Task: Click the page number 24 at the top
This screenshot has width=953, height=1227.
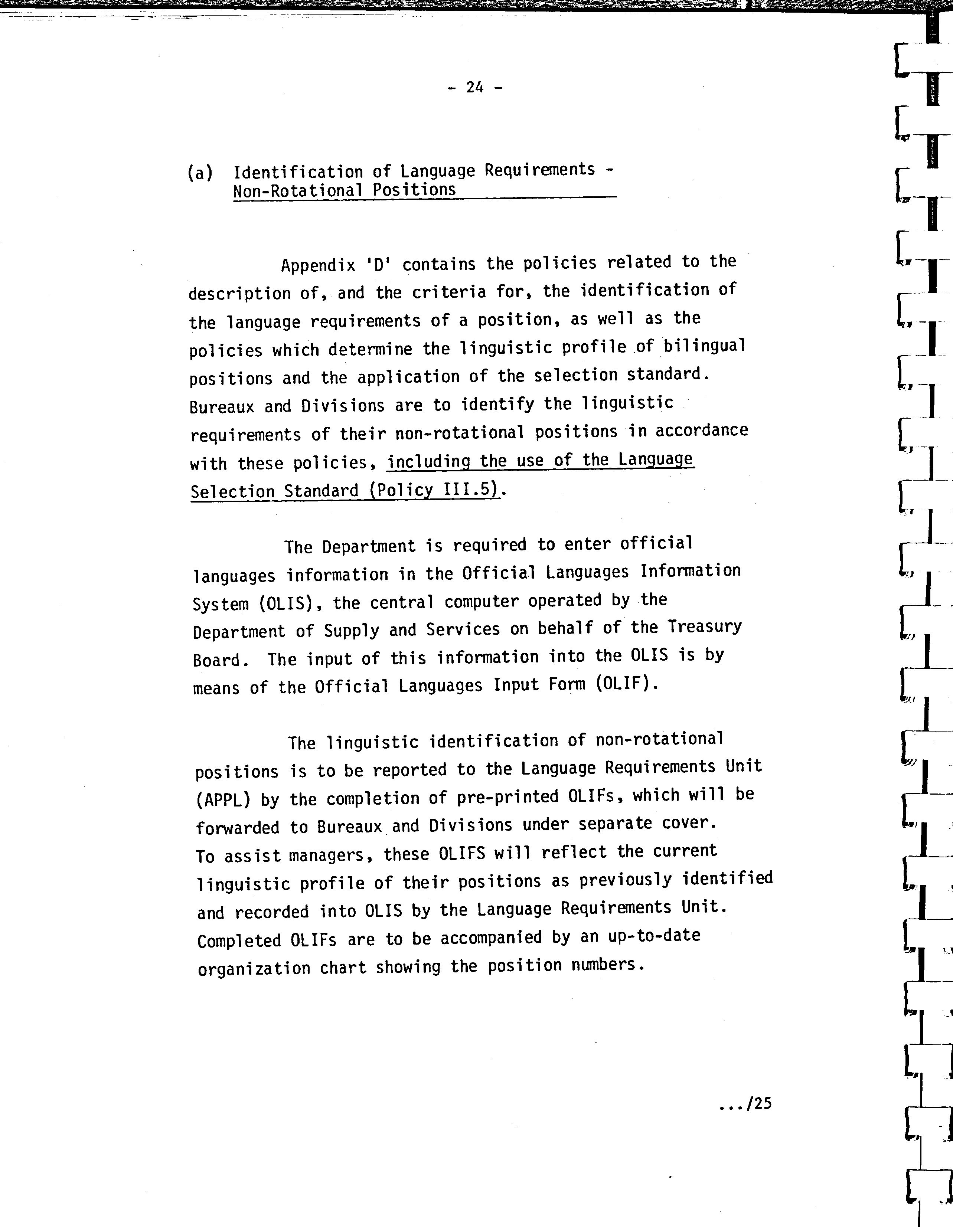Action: click(x=475, y=87)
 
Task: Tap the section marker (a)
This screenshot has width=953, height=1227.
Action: click(x=200, y=173)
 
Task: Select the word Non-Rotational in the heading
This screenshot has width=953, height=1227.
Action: click(x=298, y=190)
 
